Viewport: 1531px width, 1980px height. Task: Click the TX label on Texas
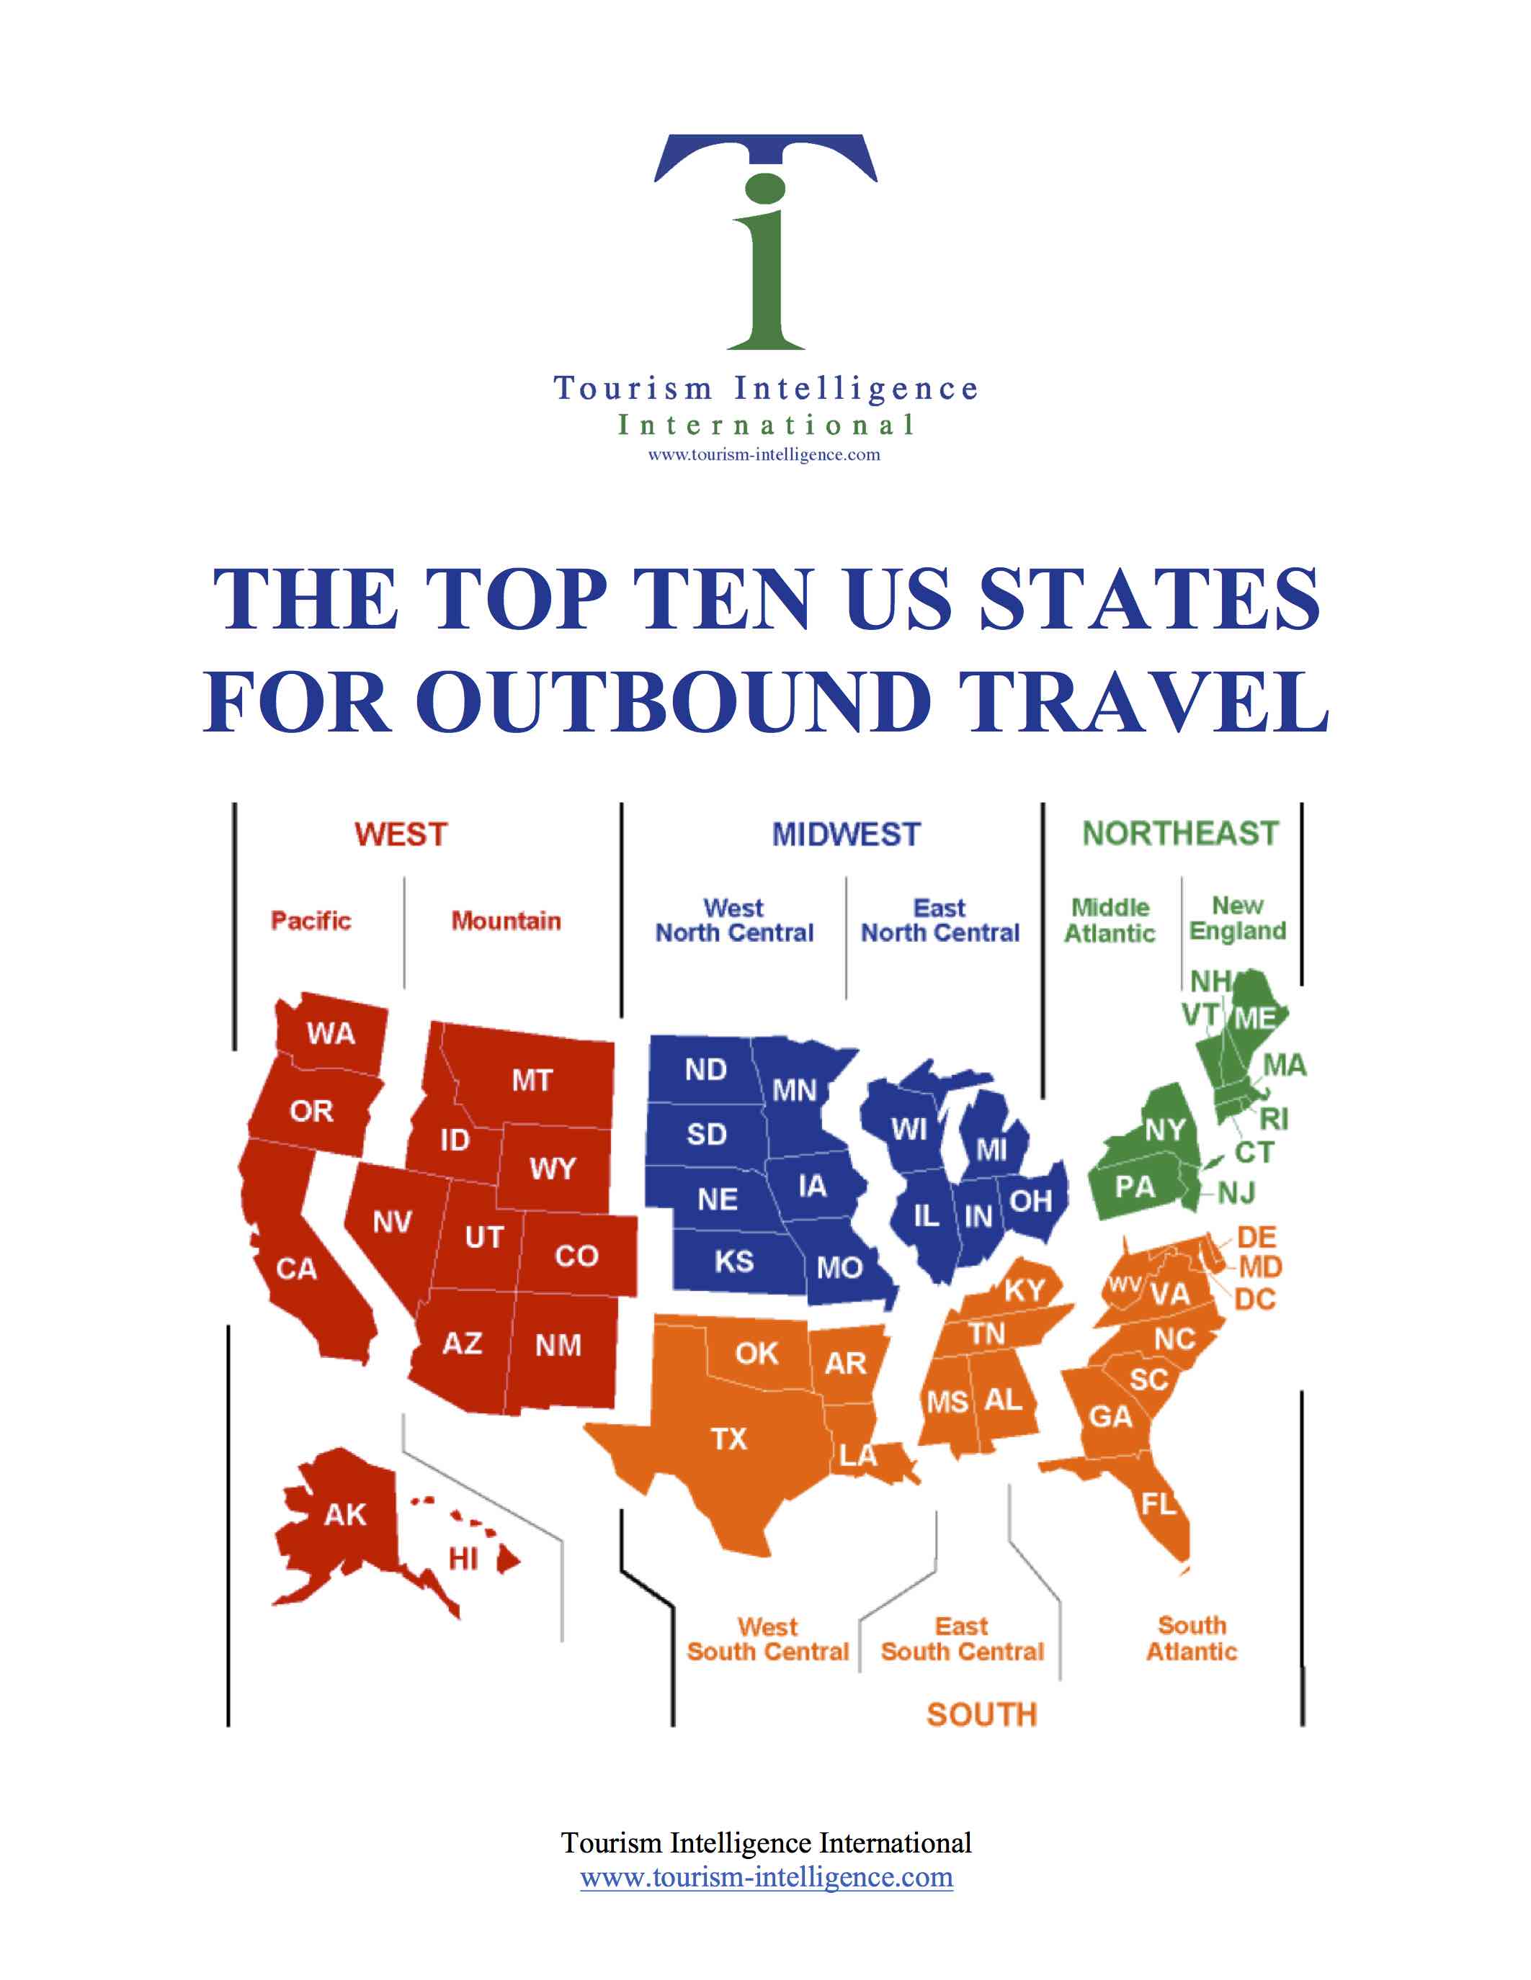tap(728, 1439)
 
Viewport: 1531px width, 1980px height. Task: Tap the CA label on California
tap(297, 1269)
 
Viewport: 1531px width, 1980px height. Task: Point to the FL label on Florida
tap(1159, 1504)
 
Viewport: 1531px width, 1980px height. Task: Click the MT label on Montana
tap(532, 1081)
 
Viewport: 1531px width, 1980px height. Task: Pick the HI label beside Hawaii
tap(463, 1560)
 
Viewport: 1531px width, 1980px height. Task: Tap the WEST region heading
tap(401, 834)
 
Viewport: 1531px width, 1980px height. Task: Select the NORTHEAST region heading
tap(1180, 833)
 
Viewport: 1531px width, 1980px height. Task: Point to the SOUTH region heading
tap(981, 1714)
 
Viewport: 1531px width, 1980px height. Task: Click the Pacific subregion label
tap(311, 921)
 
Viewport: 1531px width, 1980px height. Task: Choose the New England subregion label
tap(1237, 919)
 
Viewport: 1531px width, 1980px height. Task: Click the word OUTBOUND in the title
tap(674, 703)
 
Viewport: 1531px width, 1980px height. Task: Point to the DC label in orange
tap(1255, 1299)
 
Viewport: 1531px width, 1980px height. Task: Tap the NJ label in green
tap(1236, 1193)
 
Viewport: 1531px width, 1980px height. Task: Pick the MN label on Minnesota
tap(795, 1091)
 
